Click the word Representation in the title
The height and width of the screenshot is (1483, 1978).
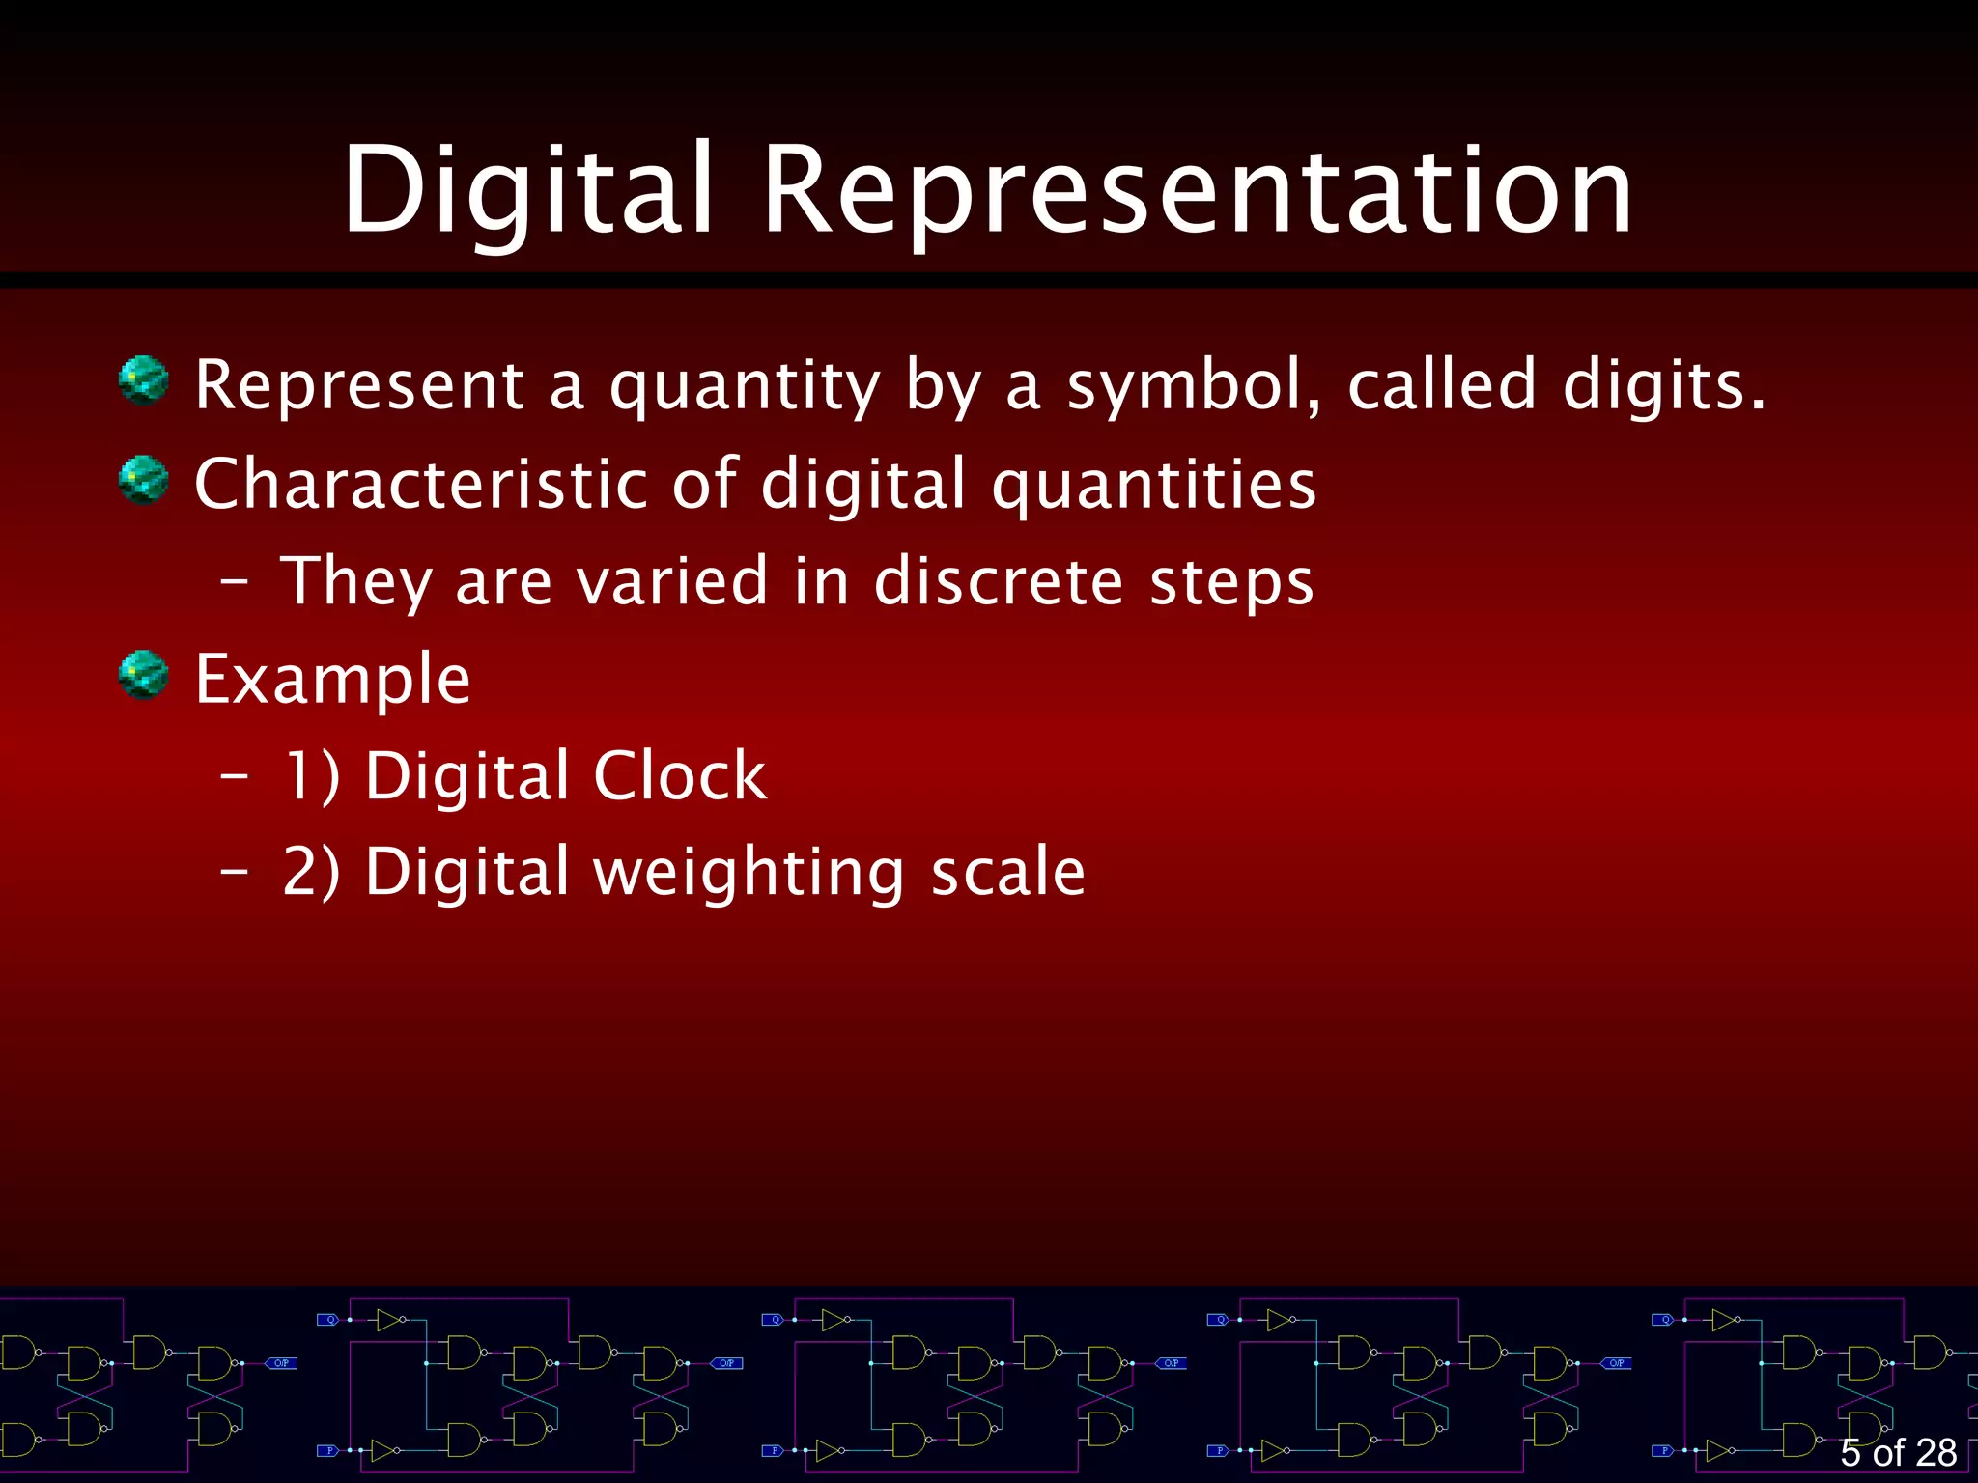1198,189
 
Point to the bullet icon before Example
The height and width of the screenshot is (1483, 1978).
144,675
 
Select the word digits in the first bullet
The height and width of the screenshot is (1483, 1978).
1663,386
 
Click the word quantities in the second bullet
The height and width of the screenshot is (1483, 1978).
1154,485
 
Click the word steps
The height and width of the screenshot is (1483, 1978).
1232,583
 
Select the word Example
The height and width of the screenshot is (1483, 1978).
333,680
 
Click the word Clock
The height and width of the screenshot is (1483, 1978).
680,775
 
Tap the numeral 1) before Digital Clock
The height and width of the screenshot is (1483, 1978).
311,775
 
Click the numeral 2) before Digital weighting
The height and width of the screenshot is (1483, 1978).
311,872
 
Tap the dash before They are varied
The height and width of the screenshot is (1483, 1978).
235,582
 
